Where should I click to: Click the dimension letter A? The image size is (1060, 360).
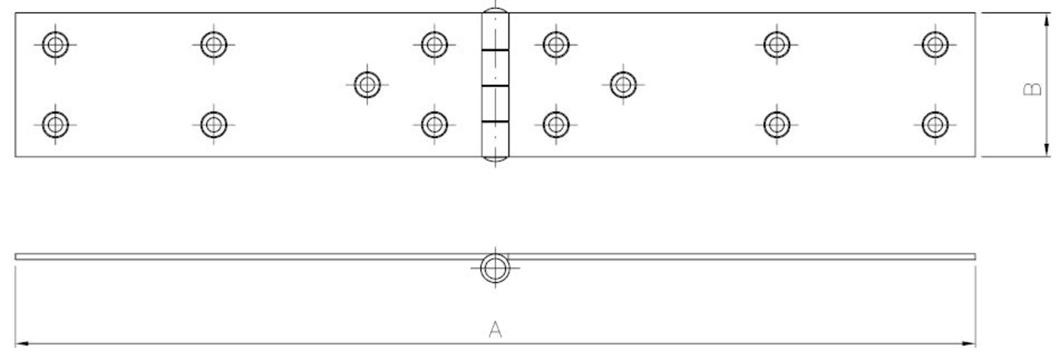pos(494,329)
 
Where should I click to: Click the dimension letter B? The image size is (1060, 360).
pos(1032,89)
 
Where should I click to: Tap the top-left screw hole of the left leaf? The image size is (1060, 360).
pos(55,44)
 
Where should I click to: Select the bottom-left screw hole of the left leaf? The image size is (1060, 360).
pos(55,125)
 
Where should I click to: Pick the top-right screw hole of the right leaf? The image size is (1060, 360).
pos(935,44)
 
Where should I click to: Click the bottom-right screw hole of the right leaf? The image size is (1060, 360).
pos(935,125)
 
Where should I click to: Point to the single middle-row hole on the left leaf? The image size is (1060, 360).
pos(367,84)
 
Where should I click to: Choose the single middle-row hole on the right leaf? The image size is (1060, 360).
pos(623,84)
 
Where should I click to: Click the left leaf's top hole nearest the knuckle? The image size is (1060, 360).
pos(434,44)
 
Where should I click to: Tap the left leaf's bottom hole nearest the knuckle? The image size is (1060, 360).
pos(434,125)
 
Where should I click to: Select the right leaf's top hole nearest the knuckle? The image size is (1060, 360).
pos(555,44)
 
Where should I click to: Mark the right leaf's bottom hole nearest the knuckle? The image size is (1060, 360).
pos(555,125)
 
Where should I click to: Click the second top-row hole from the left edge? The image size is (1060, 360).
pos(214,44)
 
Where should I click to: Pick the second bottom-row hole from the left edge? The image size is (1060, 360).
pos(214,125)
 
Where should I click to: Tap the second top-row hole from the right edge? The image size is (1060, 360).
pos(776,44)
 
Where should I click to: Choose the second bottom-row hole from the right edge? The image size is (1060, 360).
pos(776,125)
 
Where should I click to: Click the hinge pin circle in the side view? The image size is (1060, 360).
pos(494,268)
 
